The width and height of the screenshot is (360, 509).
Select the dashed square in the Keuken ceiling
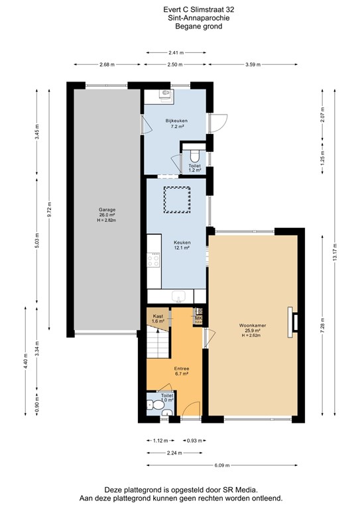click(x=177, y=199)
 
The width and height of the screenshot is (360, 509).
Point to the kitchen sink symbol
click(x=178, y=296)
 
